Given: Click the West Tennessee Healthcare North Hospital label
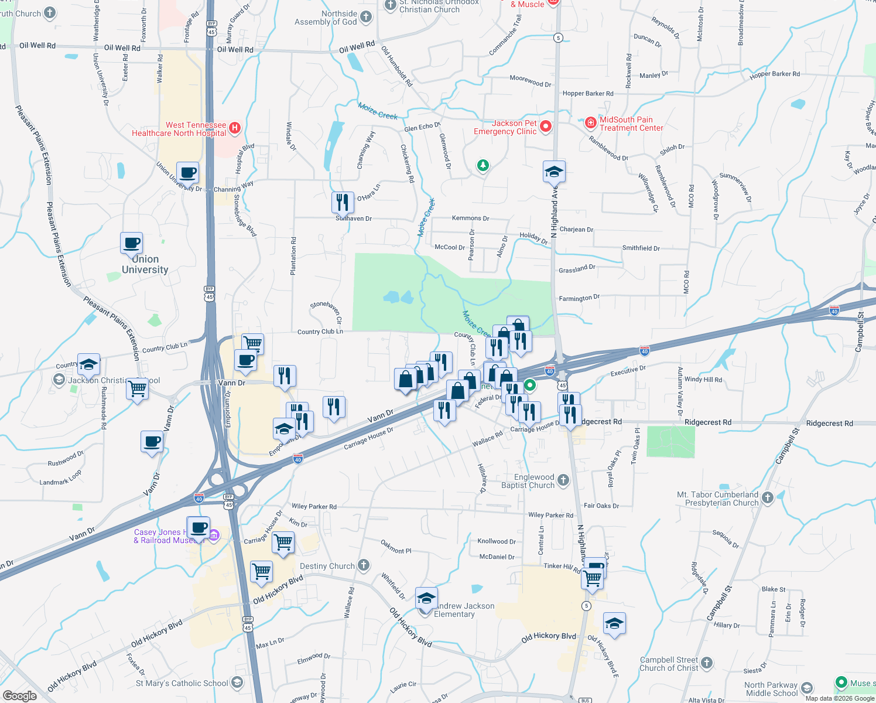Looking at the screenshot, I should (x=179, y=129).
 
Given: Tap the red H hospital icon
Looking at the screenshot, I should (x=235, y=128).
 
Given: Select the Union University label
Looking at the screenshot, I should (x=145, y=264).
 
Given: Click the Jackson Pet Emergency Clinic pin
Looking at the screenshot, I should (x=546, y=127).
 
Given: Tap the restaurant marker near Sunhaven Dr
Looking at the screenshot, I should (x=343, y=203).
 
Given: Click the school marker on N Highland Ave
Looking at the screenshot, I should (x=554, y=172).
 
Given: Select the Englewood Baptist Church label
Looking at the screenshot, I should (x=528, y=481).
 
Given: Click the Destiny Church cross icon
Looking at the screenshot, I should (x=364, y=565).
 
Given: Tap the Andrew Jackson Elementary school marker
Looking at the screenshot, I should (x=426, y=599).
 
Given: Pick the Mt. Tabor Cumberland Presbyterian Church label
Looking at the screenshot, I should (x=717, y=499).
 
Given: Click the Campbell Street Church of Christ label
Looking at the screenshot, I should (x=669, y=664).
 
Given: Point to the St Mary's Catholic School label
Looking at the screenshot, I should (x=182, y=683).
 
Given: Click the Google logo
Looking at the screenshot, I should (x=19, y=695).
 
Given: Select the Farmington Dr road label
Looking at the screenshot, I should (x=579, y=298).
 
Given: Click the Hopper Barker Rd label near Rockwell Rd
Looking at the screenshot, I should (x=588, y=94).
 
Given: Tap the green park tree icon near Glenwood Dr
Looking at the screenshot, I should (x=483, y=166).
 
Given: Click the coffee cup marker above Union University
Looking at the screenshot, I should (x=132, y=243).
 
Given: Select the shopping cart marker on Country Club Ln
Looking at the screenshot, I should (x=252, y=344).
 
